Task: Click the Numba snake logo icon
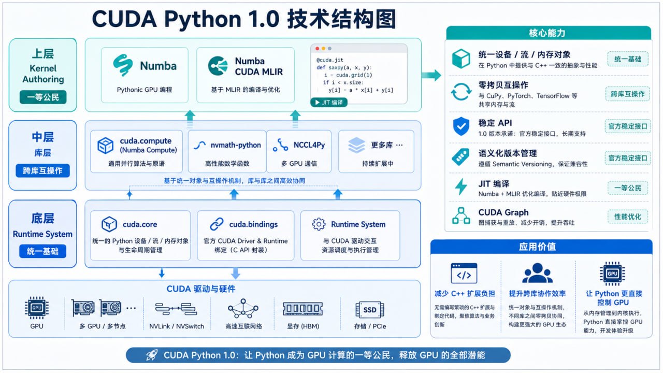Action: [123, 65]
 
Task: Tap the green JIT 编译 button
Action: [329, 103]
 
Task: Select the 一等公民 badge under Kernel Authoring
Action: [43, 97]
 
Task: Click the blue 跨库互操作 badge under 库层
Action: [42, 170]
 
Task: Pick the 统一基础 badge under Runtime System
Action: [42, 251]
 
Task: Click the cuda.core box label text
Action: [140, 224]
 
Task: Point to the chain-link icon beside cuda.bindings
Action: [217, 224]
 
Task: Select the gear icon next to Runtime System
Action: [319, 224]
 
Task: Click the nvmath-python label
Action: [236, 145]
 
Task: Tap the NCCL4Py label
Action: [309, 145]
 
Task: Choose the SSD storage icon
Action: [370, 310]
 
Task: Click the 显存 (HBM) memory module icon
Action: [303, 309]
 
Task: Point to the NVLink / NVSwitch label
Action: [177, 326]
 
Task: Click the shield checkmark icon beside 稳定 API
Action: [461, 126]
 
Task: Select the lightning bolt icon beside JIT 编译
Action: [461, 187]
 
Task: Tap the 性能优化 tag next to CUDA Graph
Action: [628, 217]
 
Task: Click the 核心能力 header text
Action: [547, 33]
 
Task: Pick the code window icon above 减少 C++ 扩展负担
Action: [464, 273]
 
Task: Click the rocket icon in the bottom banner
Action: [152, 355]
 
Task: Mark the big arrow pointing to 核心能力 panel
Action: [431, 75]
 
